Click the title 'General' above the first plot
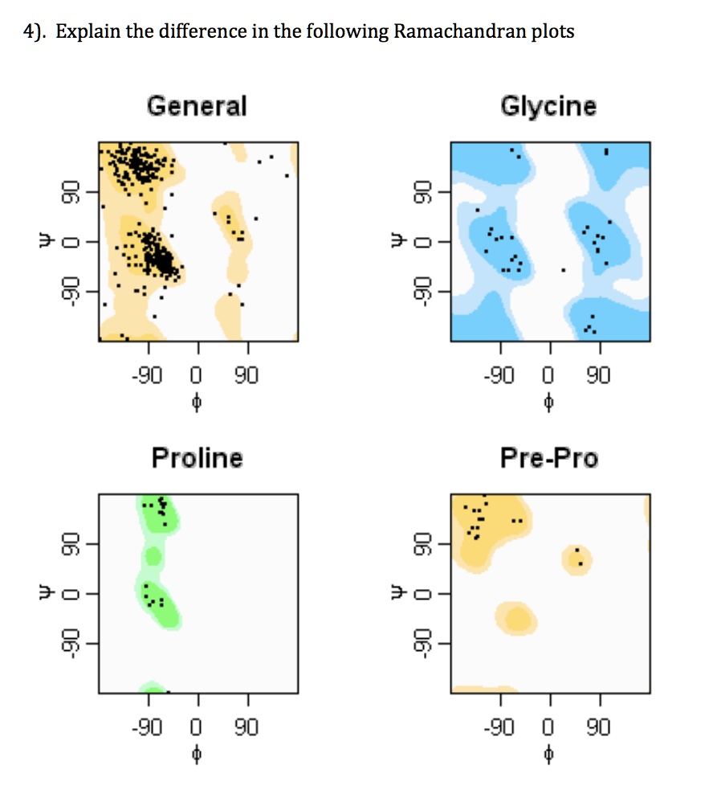pyautogui.click(x=197, y=106)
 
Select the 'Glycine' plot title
pyautogui.click(x=548, y=106)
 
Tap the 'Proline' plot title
pyautogui.click(x=197, y=458)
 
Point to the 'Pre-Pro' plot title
pyautogui.click(x=548, y=458)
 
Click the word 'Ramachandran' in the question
pyautogui.click(x=451, y=32)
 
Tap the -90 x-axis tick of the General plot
pyautogui.click(x=148, y=376)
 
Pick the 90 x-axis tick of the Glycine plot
pyautogui.click(x=599, y=376)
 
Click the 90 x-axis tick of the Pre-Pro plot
pyautogui.click(x=599, y=728)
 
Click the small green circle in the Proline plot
pyautogui.click(x=153, y=556)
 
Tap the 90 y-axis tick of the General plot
pyautogui.click(x=71, y=192)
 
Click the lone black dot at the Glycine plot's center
pyautogui.click(x=563, y=270)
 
